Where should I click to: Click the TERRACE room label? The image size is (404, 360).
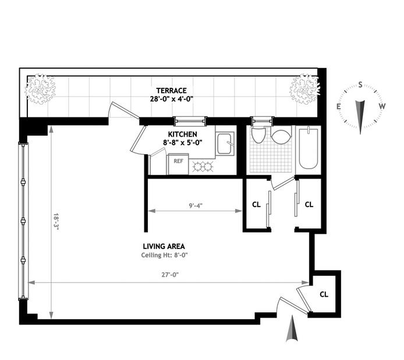pos(171,91)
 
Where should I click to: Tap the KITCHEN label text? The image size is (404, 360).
pos(182,134)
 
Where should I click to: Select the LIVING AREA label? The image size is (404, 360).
pos(164,247)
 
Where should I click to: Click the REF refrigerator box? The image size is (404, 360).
pos(178,164)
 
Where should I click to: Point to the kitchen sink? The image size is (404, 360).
pos(225,144)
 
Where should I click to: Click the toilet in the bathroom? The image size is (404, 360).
pos(258,134)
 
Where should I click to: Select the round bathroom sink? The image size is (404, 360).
pos(281,136)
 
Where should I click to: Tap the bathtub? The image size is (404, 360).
pos(308,148)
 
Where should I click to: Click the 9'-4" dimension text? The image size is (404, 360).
pos(196,206)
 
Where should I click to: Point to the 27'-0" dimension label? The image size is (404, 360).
pos(170,275)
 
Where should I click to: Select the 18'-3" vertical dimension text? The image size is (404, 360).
pos(56,222)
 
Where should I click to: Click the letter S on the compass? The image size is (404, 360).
pos(360,85)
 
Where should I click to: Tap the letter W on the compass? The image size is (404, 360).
pos(382,106)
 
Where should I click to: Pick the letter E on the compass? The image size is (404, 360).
pos(339,106)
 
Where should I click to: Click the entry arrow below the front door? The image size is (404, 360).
pos(292,329)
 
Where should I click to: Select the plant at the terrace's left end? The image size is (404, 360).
pos(40,89)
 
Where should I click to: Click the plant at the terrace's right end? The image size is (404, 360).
pos(305,89)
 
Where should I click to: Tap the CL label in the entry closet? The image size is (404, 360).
pos(324,294)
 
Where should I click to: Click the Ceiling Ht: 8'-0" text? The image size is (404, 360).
pos(164,255)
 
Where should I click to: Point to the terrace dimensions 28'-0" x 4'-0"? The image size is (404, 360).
pos(172,99)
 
